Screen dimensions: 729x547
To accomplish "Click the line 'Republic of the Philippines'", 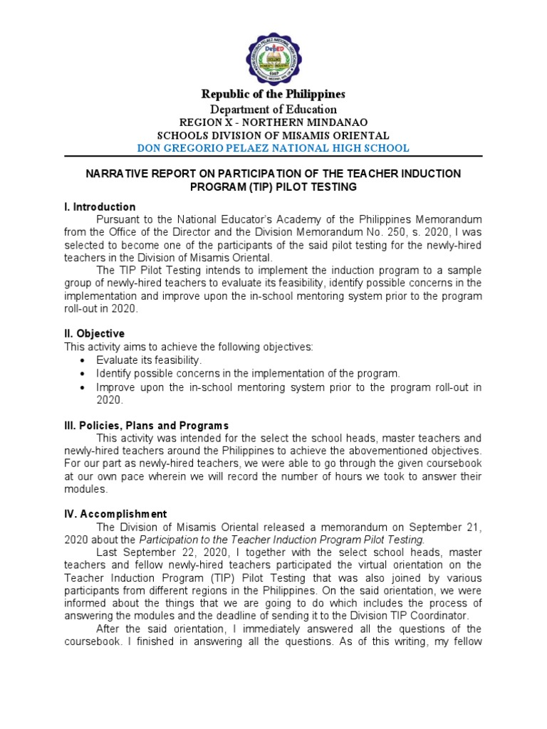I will click(x=273, y=94).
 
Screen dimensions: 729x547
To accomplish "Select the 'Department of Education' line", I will click(x=273, y=109).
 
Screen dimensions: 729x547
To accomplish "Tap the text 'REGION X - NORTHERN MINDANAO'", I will click(x=273, y=122).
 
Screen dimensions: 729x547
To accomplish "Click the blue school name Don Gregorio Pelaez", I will click(x=273, y=148).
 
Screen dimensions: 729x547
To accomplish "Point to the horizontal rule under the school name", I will click(x=273, y=157).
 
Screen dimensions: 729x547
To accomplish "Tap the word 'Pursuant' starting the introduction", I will click(x=119, y=219).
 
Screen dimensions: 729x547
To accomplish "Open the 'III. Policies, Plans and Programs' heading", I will click(x=146, y=425).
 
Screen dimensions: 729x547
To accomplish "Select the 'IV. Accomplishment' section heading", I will click(x=115, y=513).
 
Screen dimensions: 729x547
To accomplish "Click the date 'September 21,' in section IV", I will click(x=447, y=526).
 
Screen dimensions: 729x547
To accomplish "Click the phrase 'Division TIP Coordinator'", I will click(x=424, y=616).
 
